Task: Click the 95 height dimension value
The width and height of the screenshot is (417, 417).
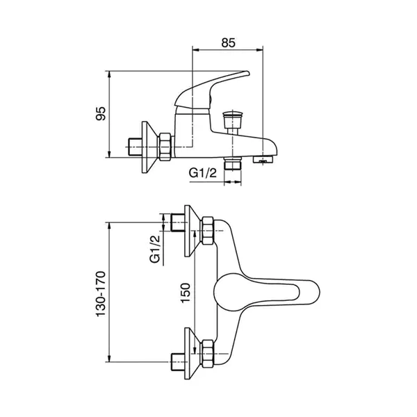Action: pyautogui.click(x=100, y=113)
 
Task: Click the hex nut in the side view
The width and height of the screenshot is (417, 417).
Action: pyautogui.click(x=165, y=147)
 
